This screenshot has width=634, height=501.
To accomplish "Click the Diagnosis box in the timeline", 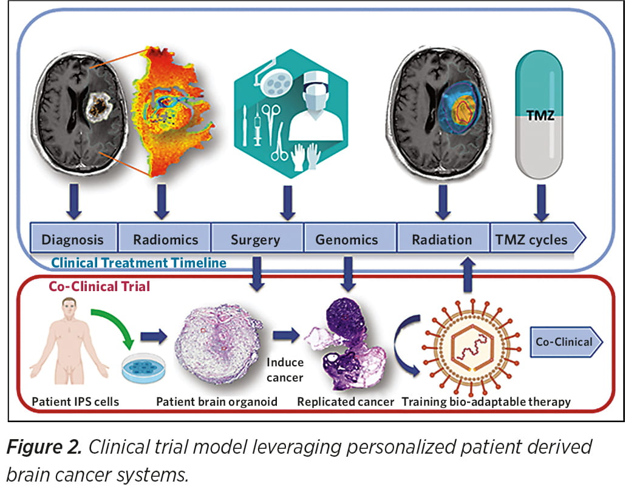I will click(x=73, y=239).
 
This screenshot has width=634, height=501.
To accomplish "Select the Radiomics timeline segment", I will click(x=165, y=239).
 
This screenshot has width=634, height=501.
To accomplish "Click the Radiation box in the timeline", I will click(x=441, y=239).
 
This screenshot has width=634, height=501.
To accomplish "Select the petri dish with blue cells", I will click(x=144, y=369).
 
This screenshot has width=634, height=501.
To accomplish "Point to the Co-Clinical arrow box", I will click(x=565, y=342).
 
